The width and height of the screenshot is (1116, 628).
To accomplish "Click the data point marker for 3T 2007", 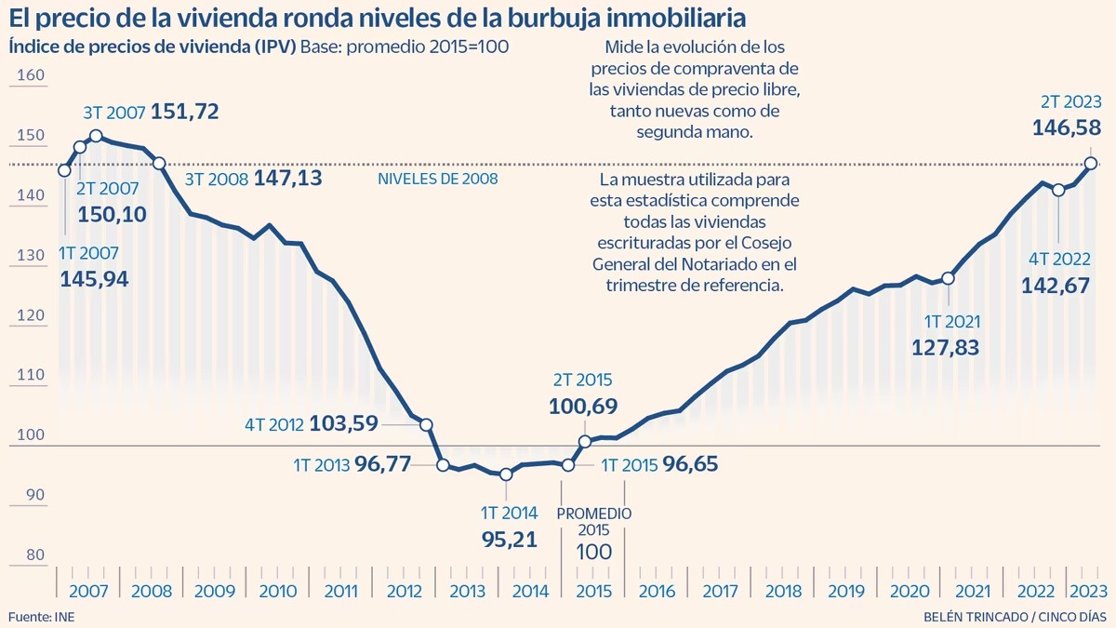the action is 96,136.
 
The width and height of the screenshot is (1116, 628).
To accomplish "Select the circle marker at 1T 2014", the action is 506,474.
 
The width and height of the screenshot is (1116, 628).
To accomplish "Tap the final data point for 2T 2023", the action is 1091,164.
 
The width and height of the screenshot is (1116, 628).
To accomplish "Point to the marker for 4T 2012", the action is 426,425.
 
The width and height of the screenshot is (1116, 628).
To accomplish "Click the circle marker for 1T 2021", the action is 948,278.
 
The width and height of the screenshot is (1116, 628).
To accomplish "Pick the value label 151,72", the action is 185,112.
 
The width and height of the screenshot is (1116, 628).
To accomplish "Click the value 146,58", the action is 1067,128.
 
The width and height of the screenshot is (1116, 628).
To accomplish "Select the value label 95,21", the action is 510,540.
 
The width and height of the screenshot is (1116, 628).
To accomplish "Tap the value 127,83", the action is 946,348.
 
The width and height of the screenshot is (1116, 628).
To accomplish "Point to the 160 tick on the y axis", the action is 31,75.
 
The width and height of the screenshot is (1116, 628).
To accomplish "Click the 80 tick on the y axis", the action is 35,555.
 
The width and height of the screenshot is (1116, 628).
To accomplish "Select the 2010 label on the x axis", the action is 277,592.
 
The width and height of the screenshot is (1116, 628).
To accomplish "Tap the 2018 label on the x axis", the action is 783,592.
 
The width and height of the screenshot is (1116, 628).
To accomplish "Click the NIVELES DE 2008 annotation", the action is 438,179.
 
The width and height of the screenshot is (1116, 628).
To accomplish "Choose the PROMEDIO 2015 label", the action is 594,521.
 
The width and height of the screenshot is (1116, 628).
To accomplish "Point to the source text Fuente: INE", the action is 41,617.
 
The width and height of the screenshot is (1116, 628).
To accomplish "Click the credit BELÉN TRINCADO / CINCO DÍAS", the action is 1016,617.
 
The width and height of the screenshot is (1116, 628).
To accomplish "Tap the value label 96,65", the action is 690,464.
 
